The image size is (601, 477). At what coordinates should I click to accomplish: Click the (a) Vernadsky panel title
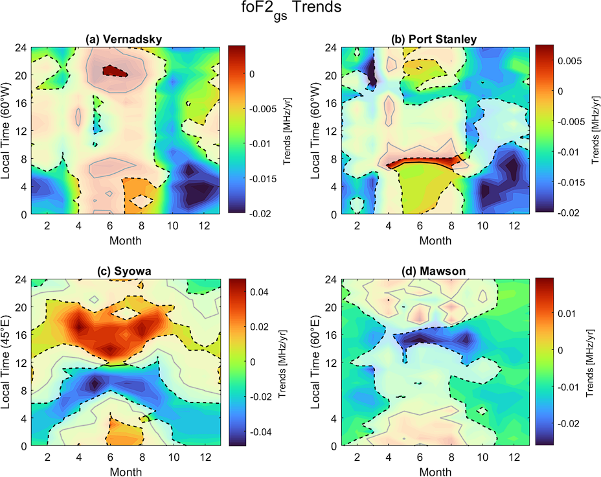point(124,40)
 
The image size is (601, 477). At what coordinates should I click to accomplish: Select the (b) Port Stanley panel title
point(434,40)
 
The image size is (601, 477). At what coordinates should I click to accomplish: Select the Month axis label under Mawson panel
point(434,470)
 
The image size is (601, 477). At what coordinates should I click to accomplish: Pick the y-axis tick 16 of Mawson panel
point(330,335)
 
